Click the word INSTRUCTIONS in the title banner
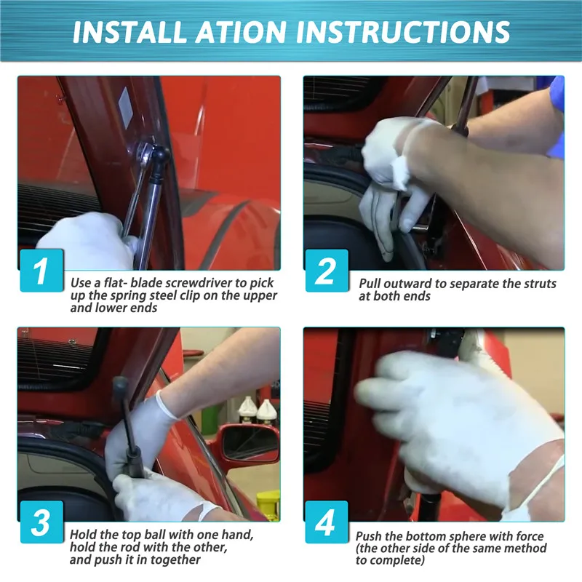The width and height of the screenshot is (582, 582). click(403, 31)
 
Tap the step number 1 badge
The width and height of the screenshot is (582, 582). click(41, 271)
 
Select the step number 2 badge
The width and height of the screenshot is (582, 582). click(327, 271)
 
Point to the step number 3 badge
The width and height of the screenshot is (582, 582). click(41, 522)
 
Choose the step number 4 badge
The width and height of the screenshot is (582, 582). click(327, 522)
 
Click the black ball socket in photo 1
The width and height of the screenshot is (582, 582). click(160, 156)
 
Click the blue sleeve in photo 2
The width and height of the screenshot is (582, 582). click(556, 115)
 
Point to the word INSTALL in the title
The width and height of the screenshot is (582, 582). click(129, 31)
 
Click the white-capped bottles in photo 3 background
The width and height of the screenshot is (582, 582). click(257, 411)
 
